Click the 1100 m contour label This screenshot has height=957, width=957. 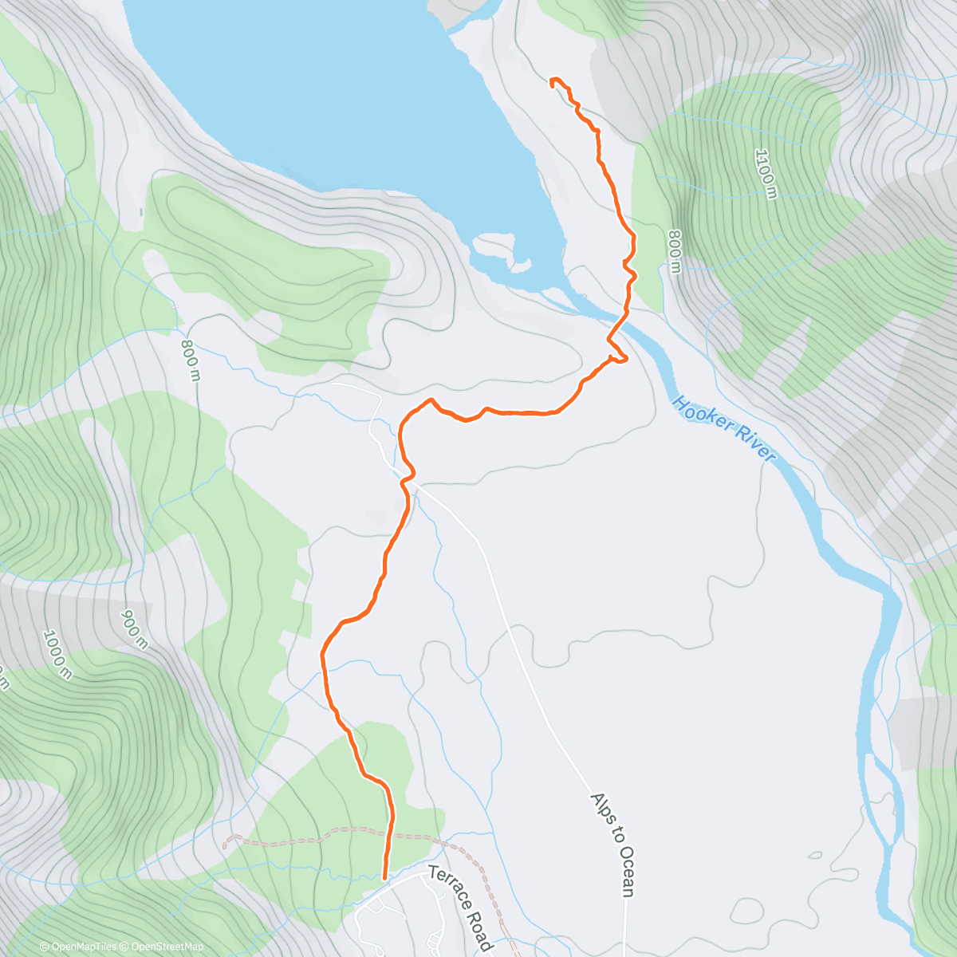(764, 174)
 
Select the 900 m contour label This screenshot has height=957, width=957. (134, 630)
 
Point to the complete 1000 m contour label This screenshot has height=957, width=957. (58, 655)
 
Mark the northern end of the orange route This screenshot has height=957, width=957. (552, 80)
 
